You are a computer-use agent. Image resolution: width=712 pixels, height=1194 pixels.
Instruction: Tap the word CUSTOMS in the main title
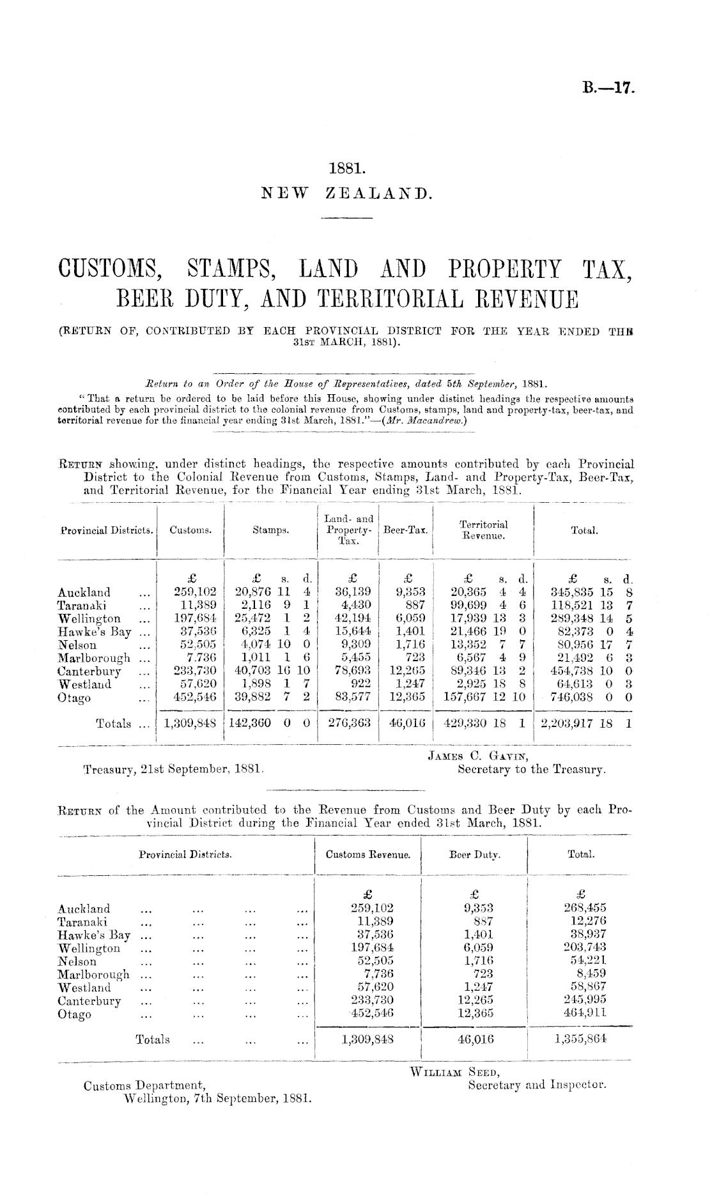pyautogui.click(x=109, y=270)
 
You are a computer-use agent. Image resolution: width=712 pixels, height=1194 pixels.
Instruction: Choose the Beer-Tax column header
pyautogui.click(x=405, y=530)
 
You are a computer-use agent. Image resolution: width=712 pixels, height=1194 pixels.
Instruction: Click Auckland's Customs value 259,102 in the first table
pyautogui.click(x=190, y=592)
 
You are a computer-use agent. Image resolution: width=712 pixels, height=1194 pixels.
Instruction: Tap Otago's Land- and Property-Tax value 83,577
pyautogui.click(x=349, y=698)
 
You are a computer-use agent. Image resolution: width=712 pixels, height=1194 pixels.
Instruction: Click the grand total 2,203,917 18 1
pyautogui.click(x=585, y=724)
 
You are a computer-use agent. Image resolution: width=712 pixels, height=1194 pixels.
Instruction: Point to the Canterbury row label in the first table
pyautogui.click(x=89, y=671)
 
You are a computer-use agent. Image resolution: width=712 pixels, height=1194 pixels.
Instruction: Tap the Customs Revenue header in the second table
pyautogui.click(x=368, y=854)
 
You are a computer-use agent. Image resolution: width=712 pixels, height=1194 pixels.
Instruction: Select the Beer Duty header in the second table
pyautogui.click(x=475, y=854)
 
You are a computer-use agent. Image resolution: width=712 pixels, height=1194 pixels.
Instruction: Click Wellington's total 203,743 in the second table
pyautogui.click(x=581, y=948)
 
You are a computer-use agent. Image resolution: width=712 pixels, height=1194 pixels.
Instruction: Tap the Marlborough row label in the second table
pyautogui.click(x=93, y=974)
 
